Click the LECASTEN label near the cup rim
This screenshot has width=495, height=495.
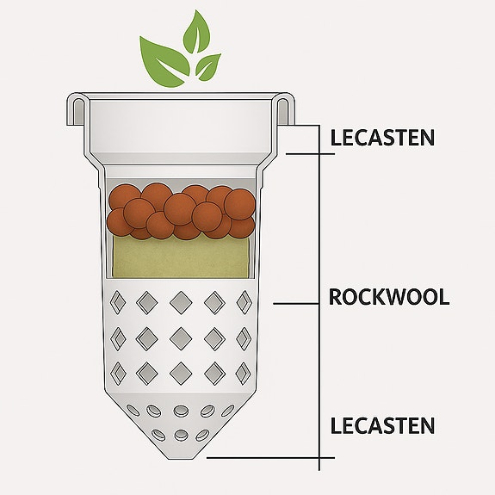click(x=382, y=137)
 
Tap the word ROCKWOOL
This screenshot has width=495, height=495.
click(x=388, y=298)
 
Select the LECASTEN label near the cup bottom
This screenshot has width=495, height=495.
click(x=382, y=425)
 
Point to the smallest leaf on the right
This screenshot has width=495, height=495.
click(x=207, y=65)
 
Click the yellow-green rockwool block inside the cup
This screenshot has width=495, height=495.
click(x=181, y=257)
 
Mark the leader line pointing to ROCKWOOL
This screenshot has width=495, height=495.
click(x=296, y=303)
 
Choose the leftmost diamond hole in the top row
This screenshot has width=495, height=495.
click(x=118, y=302)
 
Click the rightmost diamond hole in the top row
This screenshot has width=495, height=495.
click(x=244, y=300)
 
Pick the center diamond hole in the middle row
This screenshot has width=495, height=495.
click(x=181, y=336)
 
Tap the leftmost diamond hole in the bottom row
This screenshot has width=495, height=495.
click(x=119, y=371)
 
